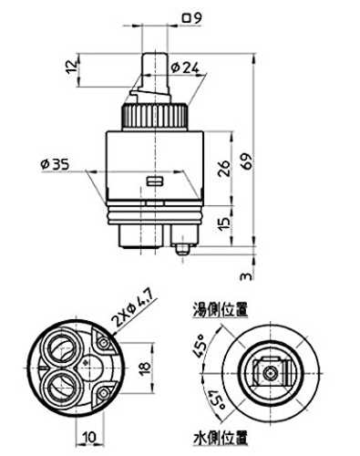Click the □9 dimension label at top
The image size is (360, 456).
pos(191,18)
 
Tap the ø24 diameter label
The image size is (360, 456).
pos(185,67)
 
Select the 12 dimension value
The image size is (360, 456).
pos(72,67)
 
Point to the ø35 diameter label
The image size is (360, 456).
pos(55,164)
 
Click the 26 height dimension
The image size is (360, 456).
pos(224,169)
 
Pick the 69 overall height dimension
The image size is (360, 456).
pos(248,161)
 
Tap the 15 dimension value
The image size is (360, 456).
pos(224,223)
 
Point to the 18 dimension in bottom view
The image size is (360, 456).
pos(146,368)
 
